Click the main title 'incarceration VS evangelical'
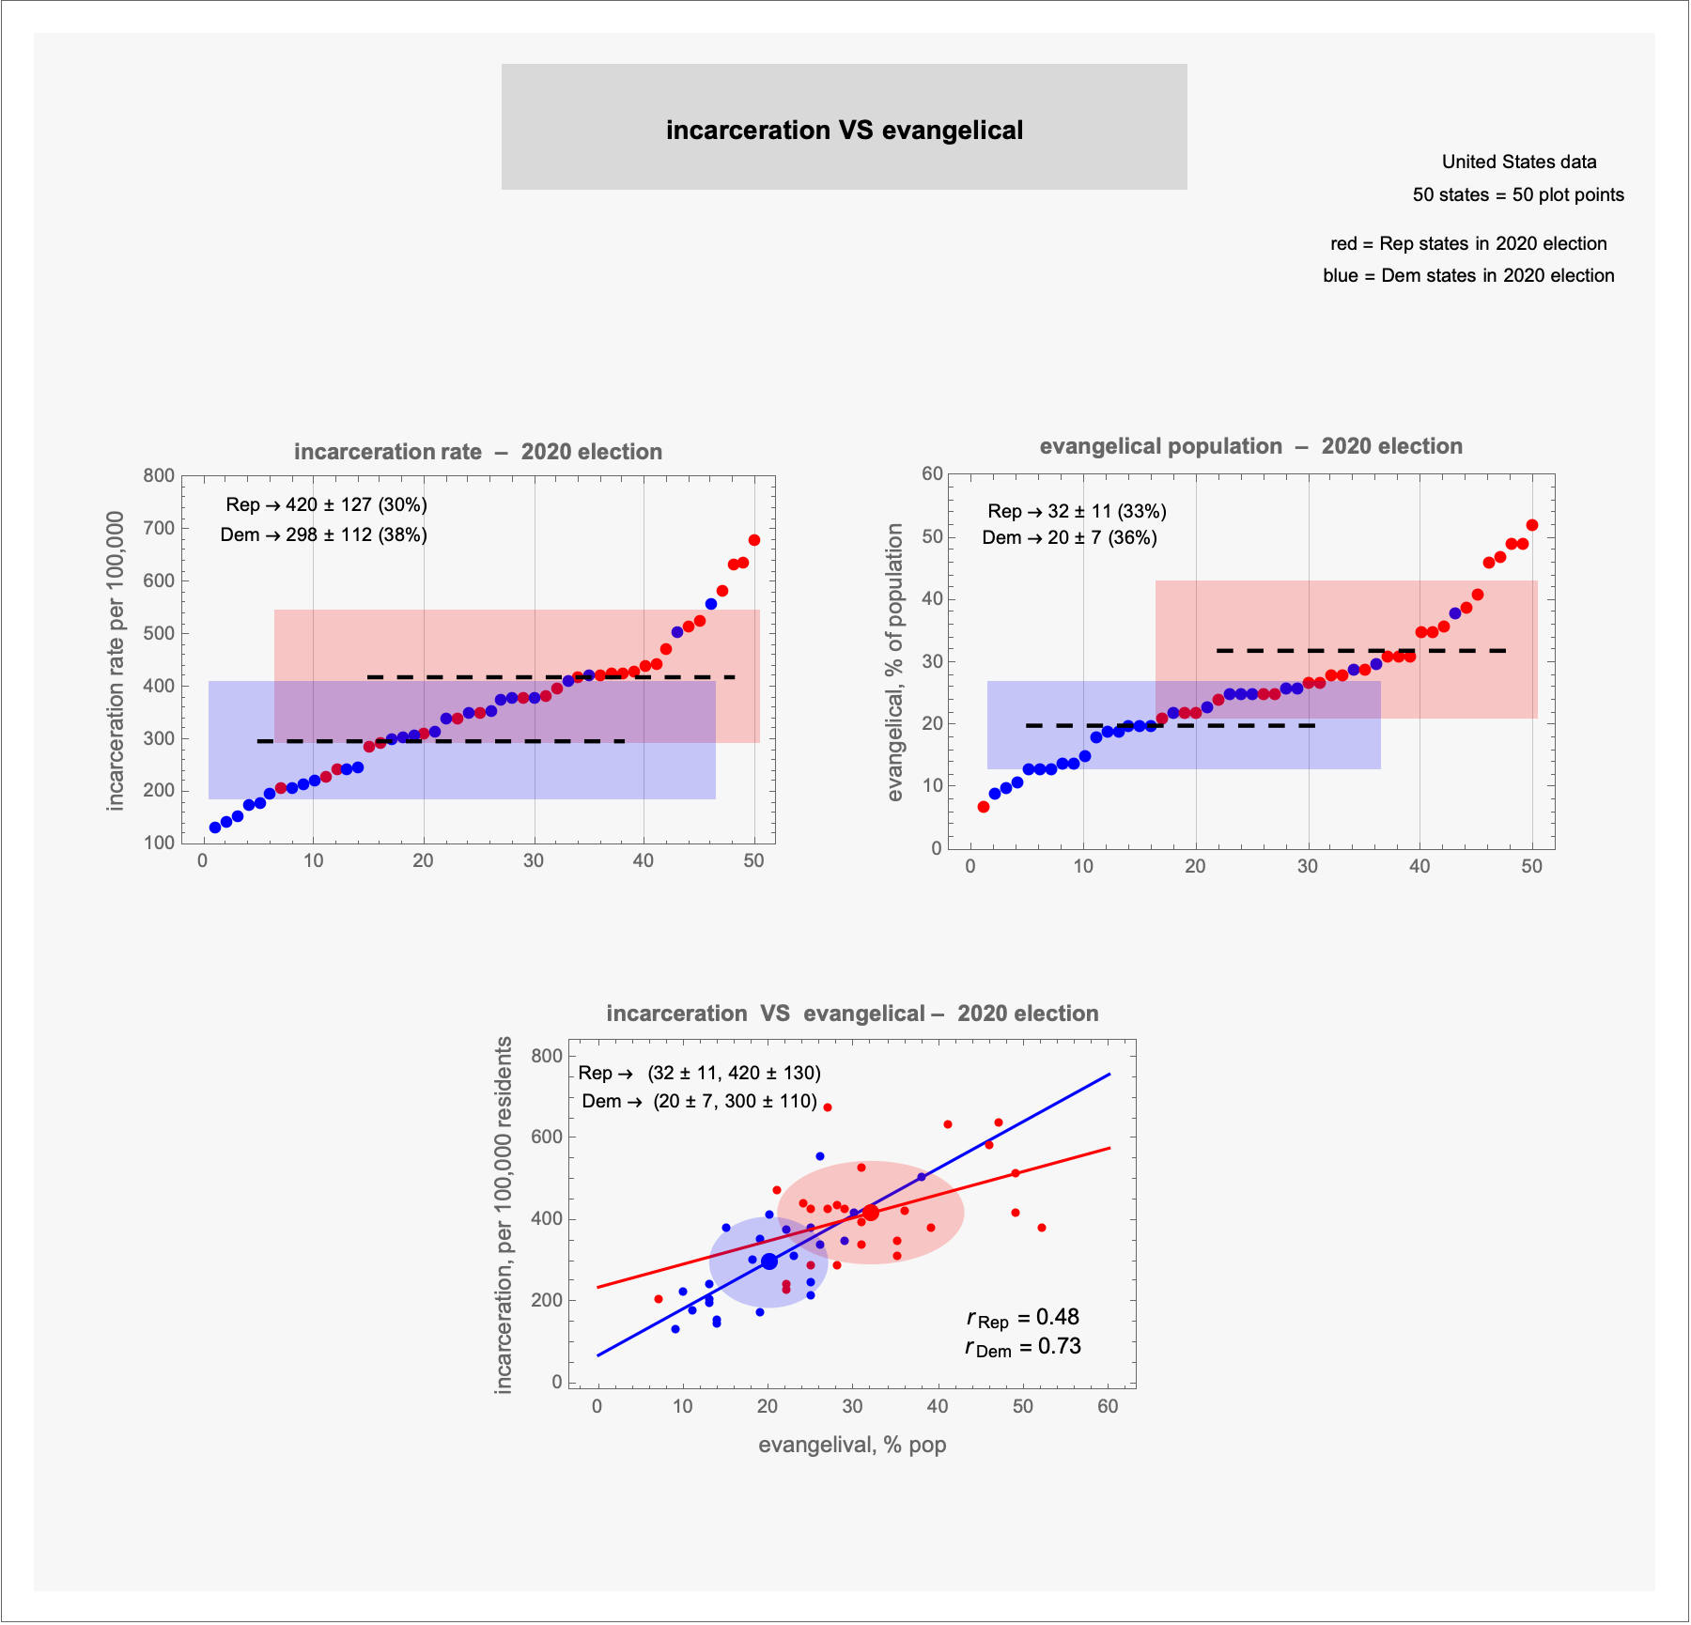(844, 130)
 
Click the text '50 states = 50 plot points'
(1518, 194)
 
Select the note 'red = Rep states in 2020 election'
(1468, 243)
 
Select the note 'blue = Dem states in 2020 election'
(1468, 275)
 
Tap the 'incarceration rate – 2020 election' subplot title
(477, 452)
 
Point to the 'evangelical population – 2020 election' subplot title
(1250, 446)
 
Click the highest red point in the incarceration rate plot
(753, 540)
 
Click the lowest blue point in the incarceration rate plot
(215, 828)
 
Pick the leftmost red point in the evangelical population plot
(984, 807)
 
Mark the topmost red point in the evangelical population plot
(1532, 525)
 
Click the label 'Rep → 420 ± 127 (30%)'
(326, 504)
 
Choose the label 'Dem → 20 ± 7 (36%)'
(1069, 537)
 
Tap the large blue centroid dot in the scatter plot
(769, 1261)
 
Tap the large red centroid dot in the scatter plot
(871, 1213)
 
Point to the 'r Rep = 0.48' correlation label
(1023, 1318)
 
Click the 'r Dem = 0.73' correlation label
(1023, 1347)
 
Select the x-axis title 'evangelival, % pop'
(852, 1445)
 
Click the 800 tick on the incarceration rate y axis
(159, 475)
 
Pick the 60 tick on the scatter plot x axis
(1109, 1406)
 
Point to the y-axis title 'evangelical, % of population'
(894, 662)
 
